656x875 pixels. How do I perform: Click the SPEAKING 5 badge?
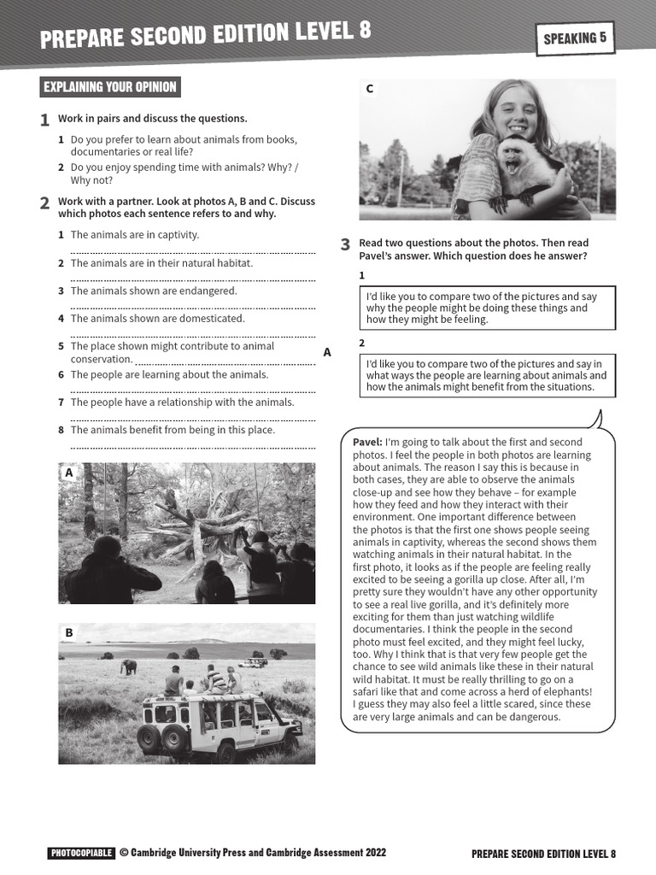click(575, 38)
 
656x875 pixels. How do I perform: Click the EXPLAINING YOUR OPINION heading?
click(109, 87)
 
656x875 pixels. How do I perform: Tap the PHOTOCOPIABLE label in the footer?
click(81, 853)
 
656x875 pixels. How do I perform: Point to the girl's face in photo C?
click(514, 111)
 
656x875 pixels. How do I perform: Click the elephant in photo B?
click(128, 667)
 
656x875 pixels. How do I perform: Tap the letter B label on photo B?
click(69, 632)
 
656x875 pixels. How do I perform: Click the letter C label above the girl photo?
click(370, 89)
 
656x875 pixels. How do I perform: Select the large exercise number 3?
click(345, 245)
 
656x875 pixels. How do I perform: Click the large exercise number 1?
click(44, 120)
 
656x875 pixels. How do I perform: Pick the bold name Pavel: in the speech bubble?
click(367, 442)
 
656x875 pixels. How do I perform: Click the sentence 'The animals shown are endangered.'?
click(154, 291)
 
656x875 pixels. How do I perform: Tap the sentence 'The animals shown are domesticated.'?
click(157, 318)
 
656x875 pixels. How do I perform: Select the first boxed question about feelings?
click(486, 308)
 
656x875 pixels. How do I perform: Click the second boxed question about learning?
click(486, 375)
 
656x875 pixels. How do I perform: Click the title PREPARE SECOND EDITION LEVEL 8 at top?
click(206, 35)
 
